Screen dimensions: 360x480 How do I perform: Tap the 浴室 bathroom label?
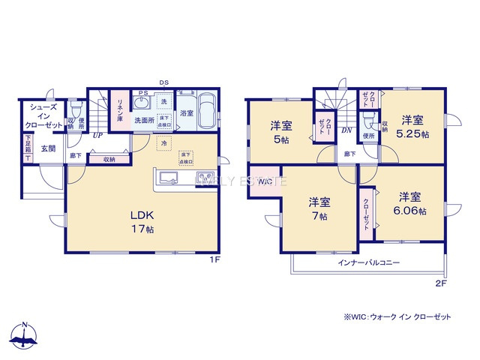click(x=187, y=113)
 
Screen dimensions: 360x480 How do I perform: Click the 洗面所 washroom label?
click(x=144, y=119)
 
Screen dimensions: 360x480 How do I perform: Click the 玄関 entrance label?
click(x=48, y=148)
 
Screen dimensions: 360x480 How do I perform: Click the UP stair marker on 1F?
click(x=97, y=136)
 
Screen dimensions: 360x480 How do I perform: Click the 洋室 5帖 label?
click(x=280, y=130)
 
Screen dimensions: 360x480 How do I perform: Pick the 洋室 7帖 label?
click(x=319, y=208)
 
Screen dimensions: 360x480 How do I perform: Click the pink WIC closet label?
click(x=265, y=182)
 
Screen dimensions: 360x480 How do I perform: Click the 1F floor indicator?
click(x=214, y=259)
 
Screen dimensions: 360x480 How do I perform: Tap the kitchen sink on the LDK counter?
click(x=167, y=178)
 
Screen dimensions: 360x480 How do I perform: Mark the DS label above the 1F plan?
click(x=163, y=82)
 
